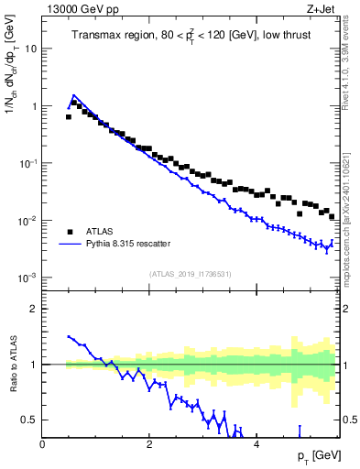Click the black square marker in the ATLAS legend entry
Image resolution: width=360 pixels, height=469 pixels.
tap(69, 231)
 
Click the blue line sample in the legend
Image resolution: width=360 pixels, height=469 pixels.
tap(69, 244)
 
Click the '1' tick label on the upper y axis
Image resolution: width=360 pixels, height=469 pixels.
tap(35, 106)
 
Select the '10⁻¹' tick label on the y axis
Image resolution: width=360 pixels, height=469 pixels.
tap(29, 163)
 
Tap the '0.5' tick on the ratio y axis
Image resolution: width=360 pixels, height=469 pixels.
tap(30, 420)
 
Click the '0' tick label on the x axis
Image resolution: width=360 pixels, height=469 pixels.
tap(42, 443)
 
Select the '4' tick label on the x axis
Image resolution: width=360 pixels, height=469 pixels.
tap(256, 443)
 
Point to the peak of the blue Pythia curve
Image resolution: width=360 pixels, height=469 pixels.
tap(73, 94)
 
